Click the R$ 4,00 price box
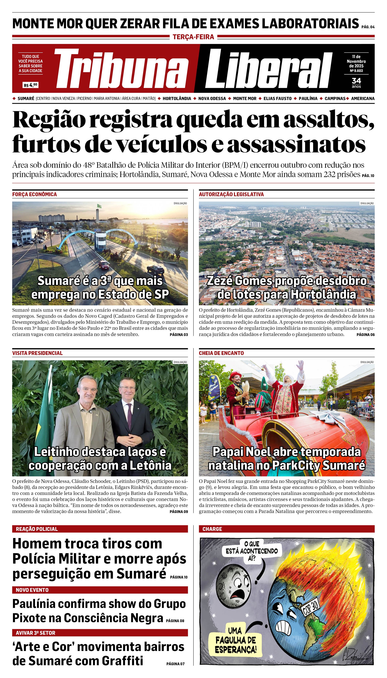click(x=31, y=85)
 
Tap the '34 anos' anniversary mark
click(x=356, y=82)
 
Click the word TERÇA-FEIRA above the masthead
click(x=193, y=37)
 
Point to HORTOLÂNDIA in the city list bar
click(x=177, y=98)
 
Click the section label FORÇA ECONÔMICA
click(x=34, y=194)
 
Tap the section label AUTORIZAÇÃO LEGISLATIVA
click(x=231, y=194)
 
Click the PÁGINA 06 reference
click(x=365, y=335)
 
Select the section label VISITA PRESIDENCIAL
click(x=37, y=353)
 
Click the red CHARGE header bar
click(x=287, y=529)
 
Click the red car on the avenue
click(x=104, y=264)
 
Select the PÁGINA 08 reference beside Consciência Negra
click(x=175, y=621)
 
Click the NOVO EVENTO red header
click(x=100, y=590)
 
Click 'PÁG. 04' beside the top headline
click(x=368, y=27)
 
